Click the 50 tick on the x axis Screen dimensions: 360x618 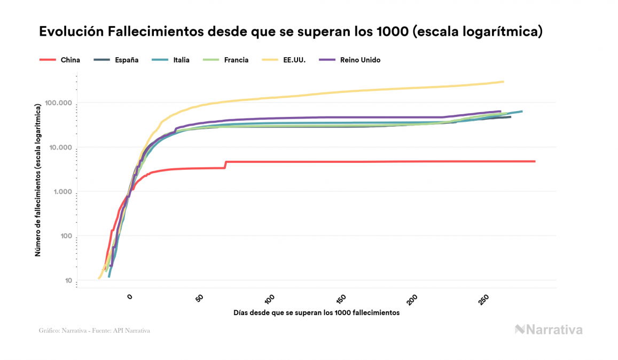pos(200,298)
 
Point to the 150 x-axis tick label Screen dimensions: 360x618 pos(341,299)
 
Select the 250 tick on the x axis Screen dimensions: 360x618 pos(483,299)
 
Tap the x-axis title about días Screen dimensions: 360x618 pos(316,312)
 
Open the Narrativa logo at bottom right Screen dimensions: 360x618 pos(549,330)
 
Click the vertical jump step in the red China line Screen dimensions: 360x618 pos(225,165)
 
